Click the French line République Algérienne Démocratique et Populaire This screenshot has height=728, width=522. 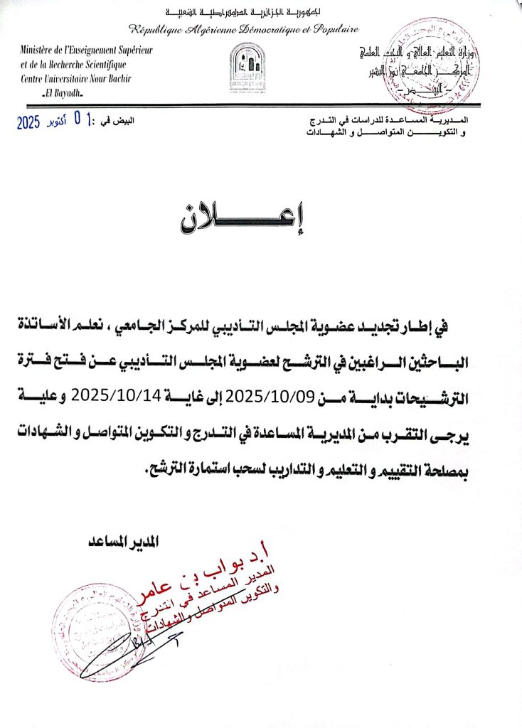tap(243, 29)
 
